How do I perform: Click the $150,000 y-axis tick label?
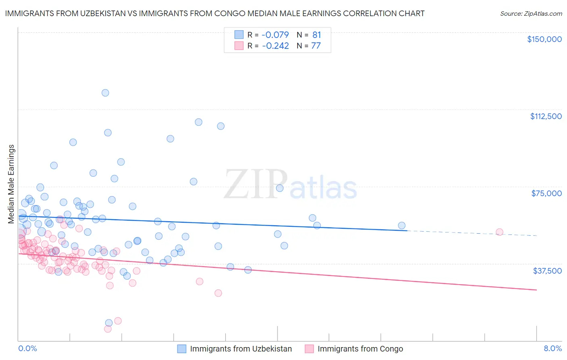click(544, 39)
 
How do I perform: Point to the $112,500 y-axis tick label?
click(546, 116)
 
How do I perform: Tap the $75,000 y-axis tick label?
click(546, 193)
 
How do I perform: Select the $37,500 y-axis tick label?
click(547, 271)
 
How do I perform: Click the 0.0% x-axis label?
click(27, 348)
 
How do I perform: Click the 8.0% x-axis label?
click(552, 348)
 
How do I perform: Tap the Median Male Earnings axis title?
click(11, 184)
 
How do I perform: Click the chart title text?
click(215, 14)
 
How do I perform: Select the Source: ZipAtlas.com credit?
click(531, 14)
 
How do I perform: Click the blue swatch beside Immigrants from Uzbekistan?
click(182, 349)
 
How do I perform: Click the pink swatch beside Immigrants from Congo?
click(309, 349)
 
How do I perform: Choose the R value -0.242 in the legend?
click(275, 46)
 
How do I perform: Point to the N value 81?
click(317, 35)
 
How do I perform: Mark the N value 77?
click(316, 46)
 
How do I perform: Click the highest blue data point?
click(105, 93)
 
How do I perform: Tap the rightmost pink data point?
click(499, 232)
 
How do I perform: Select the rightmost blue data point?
click(402, 226)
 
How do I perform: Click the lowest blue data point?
click(109, 323)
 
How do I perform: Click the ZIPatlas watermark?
click(290, 184)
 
